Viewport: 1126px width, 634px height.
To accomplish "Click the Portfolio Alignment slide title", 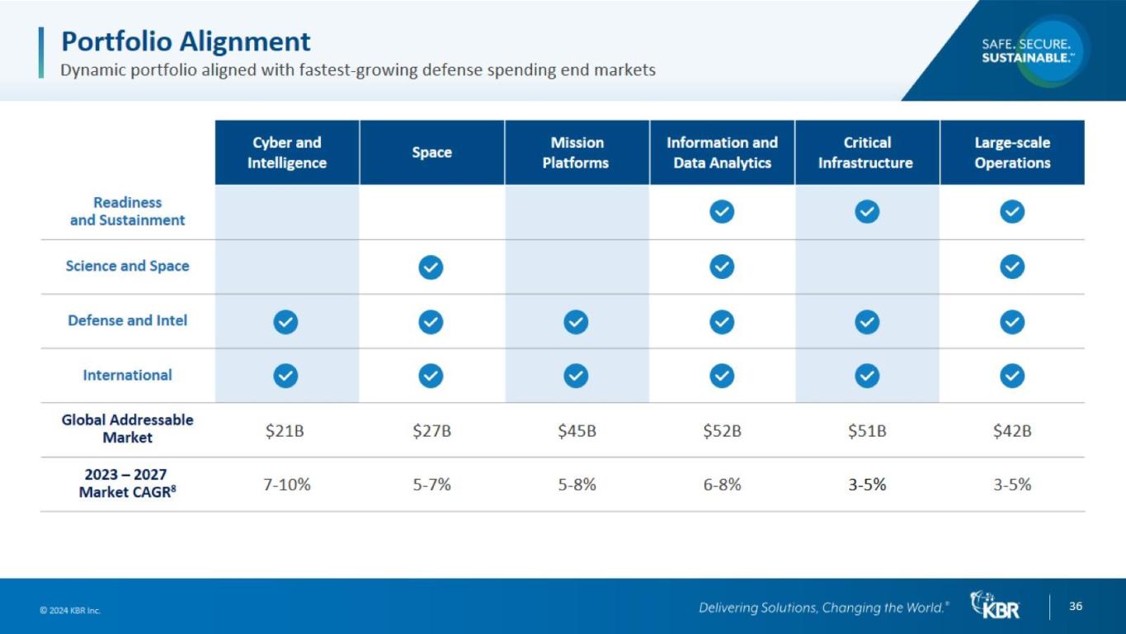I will pyautogui.click(x=186, y=40).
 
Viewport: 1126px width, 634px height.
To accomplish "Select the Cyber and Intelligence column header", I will pyautogui.click(x=286, y=153).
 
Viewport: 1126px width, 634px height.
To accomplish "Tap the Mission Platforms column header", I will pyautogui.click(x=576, y=153).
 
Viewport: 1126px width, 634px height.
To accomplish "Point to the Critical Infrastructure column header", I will pyautogui.click(x=866, y=153).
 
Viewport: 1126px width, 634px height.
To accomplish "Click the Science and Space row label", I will pyautogui.click(x=127, y=266).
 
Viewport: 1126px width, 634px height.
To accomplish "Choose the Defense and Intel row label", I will pyautogui.click(x=127, y=320).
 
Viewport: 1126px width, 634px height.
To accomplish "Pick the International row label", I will pyautogui.click(x=127, y=375).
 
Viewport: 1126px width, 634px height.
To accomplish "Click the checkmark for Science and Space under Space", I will pyautogui.click(x=431, y=267).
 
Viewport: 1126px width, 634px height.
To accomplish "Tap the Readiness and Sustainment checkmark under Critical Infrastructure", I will pyautogui.click(x=866, y=212).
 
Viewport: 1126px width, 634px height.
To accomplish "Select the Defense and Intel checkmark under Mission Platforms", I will pyautogui.click(x=576, y=321).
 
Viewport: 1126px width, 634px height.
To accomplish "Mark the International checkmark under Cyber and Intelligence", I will pyautogui.click(x=285, y=376).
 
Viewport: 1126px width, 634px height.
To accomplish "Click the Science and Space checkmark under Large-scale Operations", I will pyautogui.click(x=1012, y=267).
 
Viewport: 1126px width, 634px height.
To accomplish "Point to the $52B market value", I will pyautogui.click(x=722, y=431).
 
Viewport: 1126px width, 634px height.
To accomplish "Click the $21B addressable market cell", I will pyautogui.click(x=285, y=431).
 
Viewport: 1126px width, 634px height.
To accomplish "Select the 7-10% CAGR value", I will pyautogui.click(x=287, y=485).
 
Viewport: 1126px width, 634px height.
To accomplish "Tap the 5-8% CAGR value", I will pyautogui.click(x=577, y=485).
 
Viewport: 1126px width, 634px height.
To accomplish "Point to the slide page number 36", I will pyautogui.click(x=1076, y=606).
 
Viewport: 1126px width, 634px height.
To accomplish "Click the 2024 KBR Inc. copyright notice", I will pyautogui.click(x=70, y=611).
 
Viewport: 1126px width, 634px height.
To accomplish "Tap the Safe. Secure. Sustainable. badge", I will pyautogui.click(x=1028, y=50).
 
